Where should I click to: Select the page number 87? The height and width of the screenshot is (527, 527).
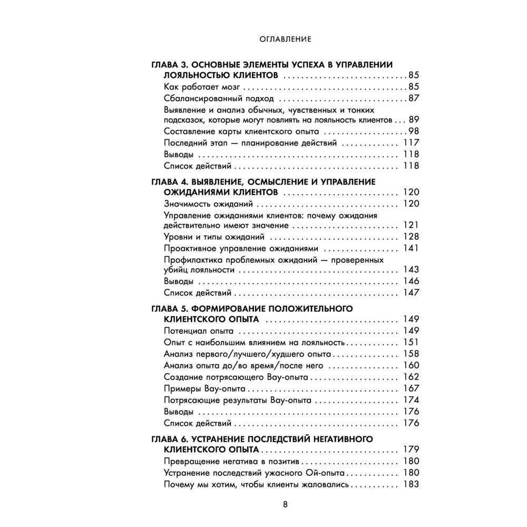(413, 99)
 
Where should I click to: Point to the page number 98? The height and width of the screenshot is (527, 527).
(413, 131)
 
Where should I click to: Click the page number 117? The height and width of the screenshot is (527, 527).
(411, 143)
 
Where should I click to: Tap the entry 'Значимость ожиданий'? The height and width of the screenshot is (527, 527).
(209, 204)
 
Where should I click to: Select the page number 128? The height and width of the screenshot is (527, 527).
(411, 237)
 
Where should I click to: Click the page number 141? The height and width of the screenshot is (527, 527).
(411, 249)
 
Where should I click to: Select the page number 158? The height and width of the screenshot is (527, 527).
(411, 354)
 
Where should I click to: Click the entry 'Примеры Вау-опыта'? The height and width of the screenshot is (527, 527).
(205, 388)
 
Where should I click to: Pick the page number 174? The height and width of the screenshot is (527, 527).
(411, 400)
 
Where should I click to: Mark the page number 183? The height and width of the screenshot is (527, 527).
(411, 485)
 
